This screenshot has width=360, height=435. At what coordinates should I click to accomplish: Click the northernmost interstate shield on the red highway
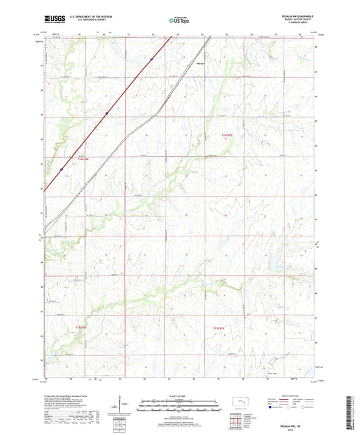(152, 59)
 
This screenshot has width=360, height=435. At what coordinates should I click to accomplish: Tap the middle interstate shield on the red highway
(106, 113)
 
